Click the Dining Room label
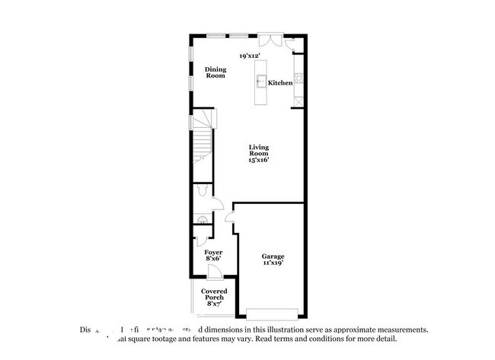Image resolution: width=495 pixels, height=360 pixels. [216, 72]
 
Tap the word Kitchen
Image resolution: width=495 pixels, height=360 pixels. [279, 82]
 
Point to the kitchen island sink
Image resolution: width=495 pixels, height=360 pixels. [260, 81]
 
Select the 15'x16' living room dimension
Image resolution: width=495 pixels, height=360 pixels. [259, 160]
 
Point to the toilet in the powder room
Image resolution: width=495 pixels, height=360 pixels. [200, 190]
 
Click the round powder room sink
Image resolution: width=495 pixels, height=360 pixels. [202, 221]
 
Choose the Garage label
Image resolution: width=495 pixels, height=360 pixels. [273, 256]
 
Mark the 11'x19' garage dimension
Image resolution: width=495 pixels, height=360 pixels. [273, 263]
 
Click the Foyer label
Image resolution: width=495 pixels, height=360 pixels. [213, 251]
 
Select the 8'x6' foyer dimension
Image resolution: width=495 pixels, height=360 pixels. [213, 259]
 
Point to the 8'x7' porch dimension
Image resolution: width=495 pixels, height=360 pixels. [213, 304]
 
